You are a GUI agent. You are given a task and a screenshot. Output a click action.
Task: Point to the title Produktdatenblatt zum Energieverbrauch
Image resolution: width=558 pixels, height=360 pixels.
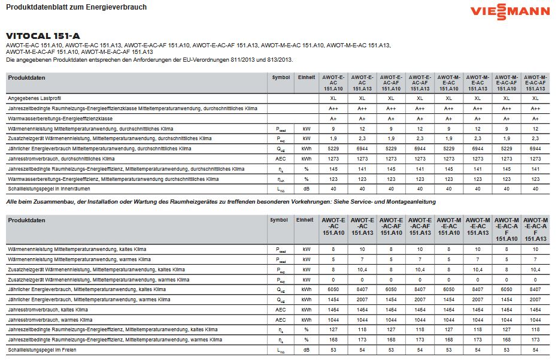(76, 7)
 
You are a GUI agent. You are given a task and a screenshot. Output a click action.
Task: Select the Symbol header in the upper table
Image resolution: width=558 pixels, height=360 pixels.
(280, 78)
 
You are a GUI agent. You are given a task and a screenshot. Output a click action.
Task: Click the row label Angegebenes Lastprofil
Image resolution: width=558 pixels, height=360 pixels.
(35, 98)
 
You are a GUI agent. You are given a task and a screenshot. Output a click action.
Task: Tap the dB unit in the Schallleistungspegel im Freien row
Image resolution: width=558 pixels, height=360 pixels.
(306, 349)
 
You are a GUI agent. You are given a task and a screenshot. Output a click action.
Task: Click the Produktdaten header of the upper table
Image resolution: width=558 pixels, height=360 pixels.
(26, 78)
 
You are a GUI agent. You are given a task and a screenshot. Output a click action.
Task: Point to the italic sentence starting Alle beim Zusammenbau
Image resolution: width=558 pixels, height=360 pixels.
(221, 202)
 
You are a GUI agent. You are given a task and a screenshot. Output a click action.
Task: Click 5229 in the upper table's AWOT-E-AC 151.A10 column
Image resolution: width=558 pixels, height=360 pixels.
(333, 148)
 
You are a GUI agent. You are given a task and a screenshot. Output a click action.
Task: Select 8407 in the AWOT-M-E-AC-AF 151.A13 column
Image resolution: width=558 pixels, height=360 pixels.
(535, 289)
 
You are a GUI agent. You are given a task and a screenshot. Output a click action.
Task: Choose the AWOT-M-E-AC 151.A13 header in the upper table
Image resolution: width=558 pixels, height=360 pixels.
(477, 83)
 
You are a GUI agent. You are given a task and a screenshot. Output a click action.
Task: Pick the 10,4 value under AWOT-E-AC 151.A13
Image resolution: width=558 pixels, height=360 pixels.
(362, 269)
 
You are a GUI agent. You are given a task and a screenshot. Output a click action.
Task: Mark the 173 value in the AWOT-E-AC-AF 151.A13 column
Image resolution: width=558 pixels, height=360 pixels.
(420, 339)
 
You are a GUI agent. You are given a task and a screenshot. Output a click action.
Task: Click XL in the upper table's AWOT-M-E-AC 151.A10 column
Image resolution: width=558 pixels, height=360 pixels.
(448, 98)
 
